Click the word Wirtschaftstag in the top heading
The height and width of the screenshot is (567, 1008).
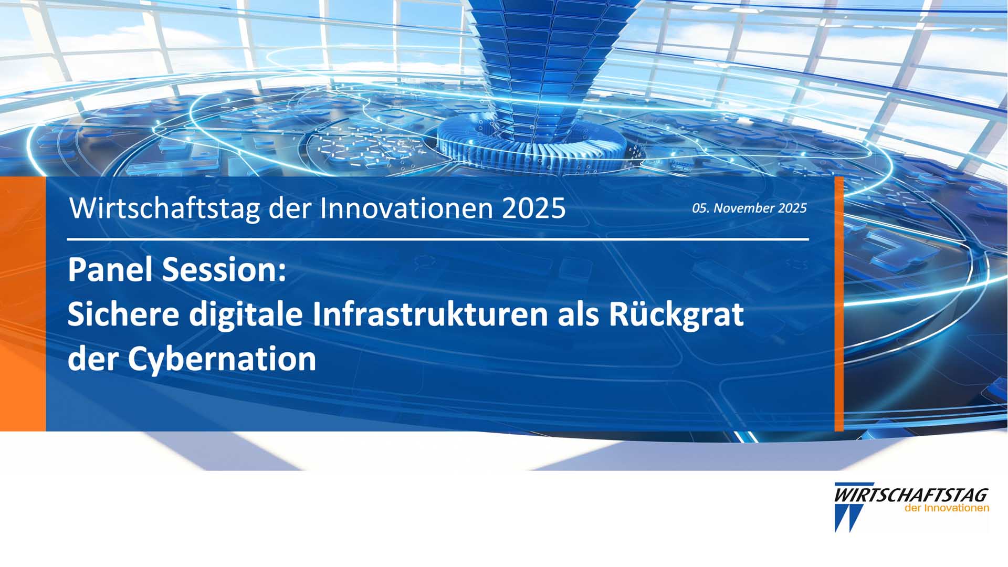pyautogui.click(x=165, y=208)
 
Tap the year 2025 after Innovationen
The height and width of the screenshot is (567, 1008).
pyautogui.click(x=534, y=208)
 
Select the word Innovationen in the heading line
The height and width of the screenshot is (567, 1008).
pyautogui.click(x=407, y=208)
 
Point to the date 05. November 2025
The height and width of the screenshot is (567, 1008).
pyautogui.click(x=749, y=208)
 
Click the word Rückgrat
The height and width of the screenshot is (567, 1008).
pyautogui.click(x=676, y=315)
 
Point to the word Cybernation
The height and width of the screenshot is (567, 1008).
pyautogui.click(x=222, y=360)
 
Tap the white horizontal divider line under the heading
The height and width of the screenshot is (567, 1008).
pyautogui.click(x=438, y=239)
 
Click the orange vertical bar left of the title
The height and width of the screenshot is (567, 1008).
pyautogui.click(x=23, y=304)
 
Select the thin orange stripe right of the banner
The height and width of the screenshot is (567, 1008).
pyautogui.click(x=839, y=304)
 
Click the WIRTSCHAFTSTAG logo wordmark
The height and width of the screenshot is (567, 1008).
pyautogui.click(x=911, y=495)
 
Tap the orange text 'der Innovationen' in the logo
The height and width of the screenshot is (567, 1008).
pyautogui.click(x=947, y=508)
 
